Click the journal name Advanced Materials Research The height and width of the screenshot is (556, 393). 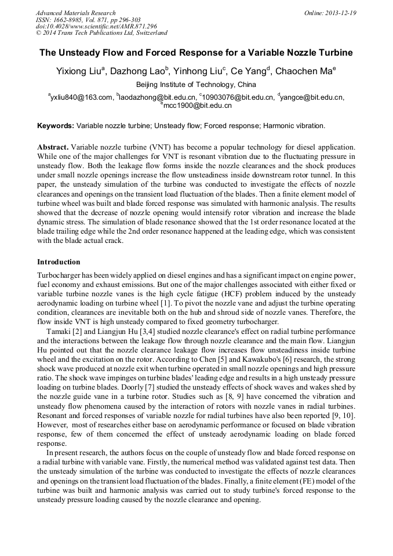point(75,13)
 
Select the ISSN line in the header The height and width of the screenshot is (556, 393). point(88,20)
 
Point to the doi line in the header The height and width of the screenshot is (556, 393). point(96,27)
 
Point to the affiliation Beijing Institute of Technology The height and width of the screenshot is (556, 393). point(196,85)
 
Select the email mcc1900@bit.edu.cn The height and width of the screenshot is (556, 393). point(197,106)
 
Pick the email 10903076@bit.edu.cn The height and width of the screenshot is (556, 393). point(238,97)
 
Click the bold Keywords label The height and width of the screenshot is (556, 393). point(56,125)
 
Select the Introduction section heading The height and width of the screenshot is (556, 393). point(59,262)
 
